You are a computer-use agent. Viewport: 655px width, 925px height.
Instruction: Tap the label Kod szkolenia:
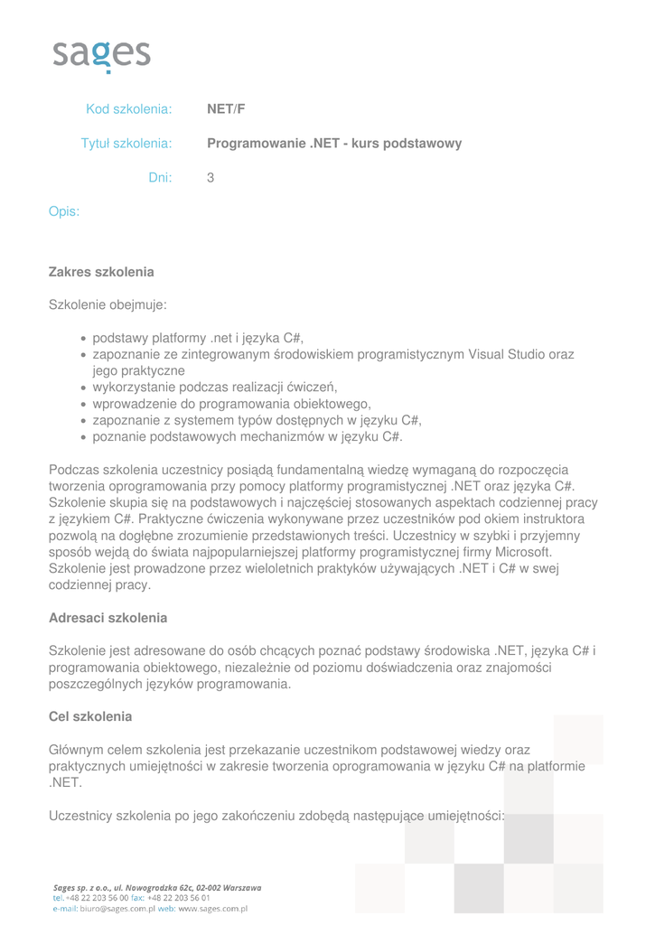pos(128,109)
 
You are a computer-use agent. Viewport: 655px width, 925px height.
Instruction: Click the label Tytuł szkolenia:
pos(126,144)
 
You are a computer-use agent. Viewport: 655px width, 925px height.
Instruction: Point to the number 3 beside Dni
pos(211,178)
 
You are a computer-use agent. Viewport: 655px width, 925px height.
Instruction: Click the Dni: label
pos(160,178)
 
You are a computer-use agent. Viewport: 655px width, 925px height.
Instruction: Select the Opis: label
pos(64,212)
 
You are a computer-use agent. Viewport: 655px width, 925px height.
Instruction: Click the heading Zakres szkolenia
pos(101,272)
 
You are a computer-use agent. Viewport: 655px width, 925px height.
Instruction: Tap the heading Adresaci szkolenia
pos(108,619)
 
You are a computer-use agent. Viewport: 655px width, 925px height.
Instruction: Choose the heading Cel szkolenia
pos(90,716)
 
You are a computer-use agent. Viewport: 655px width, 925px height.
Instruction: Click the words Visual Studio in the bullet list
pos(509,355)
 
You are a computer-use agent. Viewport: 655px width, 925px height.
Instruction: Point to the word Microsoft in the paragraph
pos(520,552)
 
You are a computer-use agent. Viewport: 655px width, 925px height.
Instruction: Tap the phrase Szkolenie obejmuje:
pos(108,305)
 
